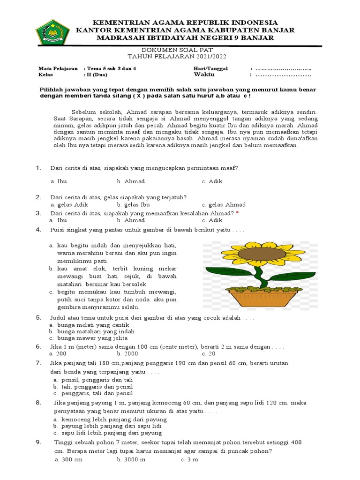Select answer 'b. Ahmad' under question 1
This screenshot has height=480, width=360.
pyautogui.click(x=131, y=181)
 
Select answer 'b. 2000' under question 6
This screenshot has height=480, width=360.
pyautogui.click(x=127, y=354)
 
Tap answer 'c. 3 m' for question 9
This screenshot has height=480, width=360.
pyautogui.click(x=189, y=460)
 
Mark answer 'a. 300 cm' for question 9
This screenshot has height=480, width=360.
pyautogui.click(x=68, y=460)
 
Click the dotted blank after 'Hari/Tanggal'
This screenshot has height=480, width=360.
pyautogui.click(x=283, y=68)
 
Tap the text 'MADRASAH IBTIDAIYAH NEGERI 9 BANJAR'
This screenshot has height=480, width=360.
pyautogui.click(x=185, y=37)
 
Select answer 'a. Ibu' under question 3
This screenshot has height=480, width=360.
pyautogui.click(x=58, y=220)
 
